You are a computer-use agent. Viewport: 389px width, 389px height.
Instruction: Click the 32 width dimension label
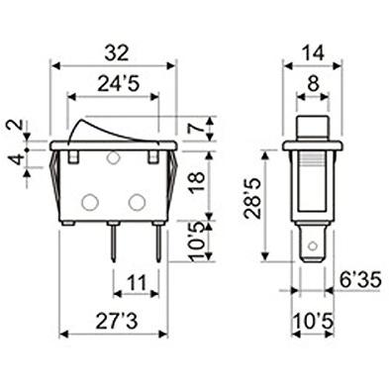117,52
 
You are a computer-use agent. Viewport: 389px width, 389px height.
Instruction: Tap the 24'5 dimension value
119,84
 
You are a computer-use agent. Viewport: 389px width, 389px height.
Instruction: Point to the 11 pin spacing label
137,283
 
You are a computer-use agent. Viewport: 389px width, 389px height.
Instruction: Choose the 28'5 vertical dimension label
252,198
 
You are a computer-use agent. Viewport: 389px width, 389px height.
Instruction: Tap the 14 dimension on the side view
313,52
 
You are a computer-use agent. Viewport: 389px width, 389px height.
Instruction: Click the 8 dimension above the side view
313,84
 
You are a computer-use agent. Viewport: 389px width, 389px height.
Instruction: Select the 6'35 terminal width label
360,280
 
